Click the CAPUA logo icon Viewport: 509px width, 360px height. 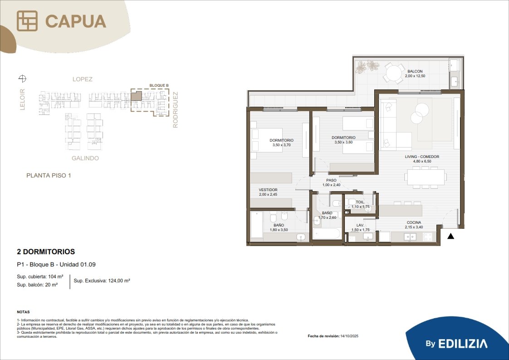27,21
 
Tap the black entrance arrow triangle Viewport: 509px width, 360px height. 450,236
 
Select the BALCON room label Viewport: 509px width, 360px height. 415,71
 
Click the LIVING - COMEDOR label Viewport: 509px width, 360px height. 422,157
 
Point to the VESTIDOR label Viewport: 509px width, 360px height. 268,190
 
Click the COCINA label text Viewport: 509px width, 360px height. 414,222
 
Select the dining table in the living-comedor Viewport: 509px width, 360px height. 426,177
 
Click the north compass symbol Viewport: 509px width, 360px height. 22,78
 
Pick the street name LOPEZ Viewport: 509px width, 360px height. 83,79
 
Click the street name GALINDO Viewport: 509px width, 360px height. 85,158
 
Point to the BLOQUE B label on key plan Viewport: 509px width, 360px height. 159,85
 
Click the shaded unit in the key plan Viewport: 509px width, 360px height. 137,96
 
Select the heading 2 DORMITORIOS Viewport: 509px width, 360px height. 46,252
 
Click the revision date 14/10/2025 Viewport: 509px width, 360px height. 349,336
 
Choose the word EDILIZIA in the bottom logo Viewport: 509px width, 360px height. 463,344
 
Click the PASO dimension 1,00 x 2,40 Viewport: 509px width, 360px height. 332,185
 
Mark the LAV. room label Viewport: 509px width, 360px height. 360,225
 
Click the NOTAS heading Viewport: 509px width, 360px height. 24,312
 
